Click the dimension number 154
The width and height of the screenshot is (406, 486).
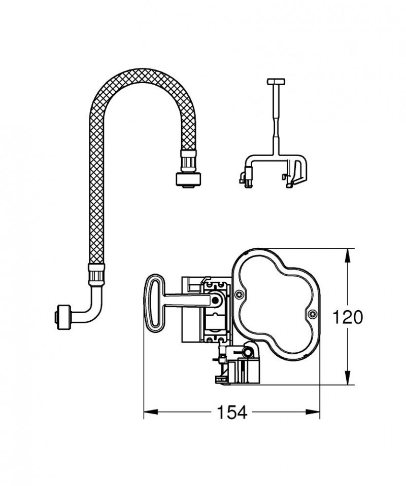point(232,413)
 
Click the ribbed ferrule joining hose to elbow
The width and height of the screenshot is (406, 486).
point(96,274)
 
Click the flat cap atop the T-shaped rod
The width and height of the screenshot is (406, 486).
point(277,82)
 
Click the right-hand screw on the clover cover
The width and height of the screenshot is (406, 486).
point(312,315)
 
